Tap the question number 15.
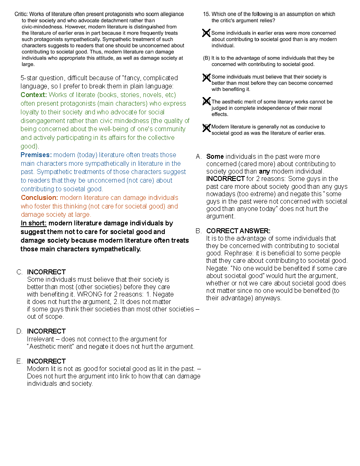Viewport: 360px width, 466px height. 206,14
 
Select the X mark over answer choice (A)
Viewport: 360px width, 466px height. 206,33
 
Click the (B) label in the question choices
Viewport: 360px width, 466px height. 206,58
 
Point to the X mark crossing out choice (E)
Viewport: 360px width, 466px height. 206,128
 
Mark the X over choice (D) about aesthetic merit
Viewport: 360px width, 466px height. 206,102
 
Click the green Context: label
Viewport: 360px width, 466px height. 34,95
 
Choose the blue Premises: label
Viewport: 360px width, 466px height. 36,155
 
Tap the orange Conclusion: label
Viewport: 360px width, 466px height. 39,197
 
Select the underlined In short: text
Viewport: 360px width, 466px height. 34,223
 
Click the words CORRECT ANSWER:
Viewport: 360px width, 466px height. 238,231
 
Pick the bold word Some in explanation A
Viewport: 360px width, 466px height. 215,156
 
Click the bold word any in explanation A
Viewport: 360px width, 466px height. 264,171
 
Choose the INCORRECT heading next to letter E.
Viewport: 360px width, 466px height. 46,361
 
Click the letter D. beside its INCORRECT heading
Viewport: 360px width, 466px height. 19,331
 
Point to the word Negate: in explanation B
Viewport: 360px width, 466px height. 218,268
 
